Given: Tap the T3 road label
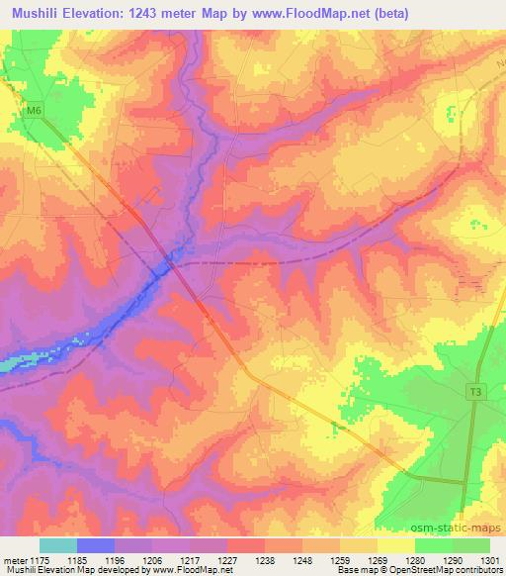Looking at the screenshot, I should tap(476, 393).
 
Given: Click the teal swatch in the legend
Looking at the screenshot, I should tap(58, 545).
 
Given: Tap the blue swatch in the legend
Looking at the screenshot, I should tap(96, 545).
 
